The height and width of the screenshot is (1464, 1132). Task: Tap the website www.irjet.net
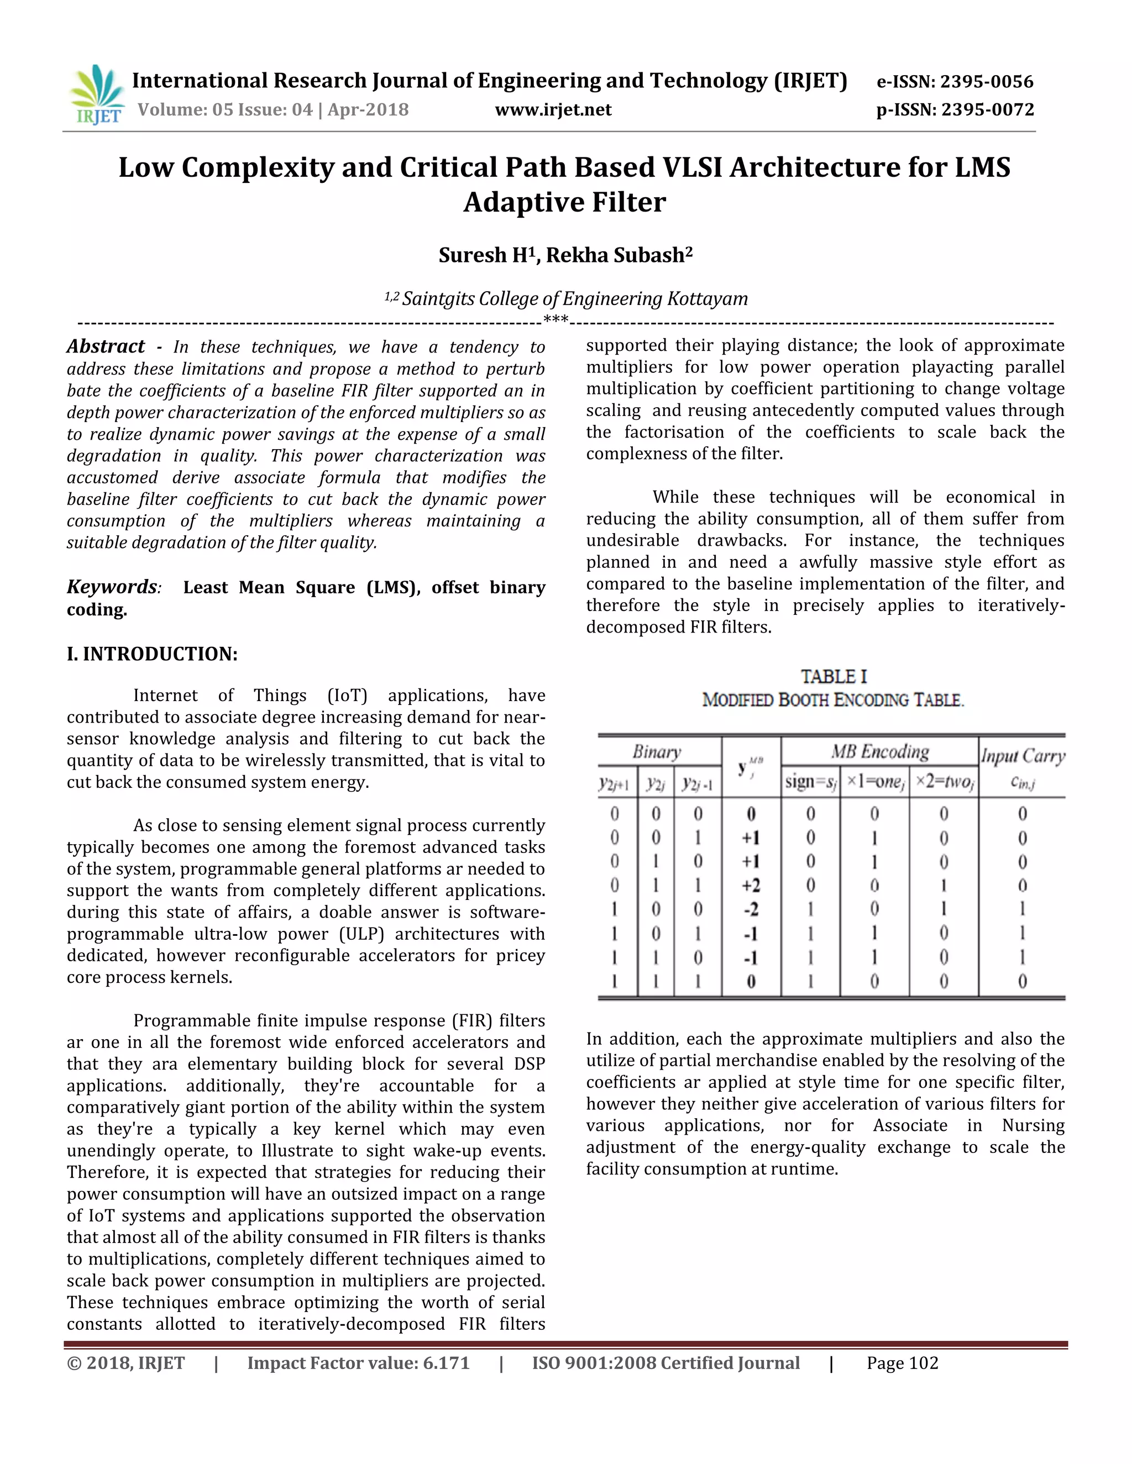coord(553,110)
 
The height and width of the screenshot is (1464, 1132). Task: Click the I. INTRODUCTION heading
coord(152,654)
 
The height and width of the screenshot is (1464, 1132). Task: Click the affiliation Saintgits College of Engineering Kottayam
coord(574,299)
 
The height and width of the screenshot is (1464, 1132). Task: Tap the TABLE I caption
coord(833,677)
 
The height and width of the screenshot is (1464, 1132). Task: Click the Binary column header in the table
coord(657,752)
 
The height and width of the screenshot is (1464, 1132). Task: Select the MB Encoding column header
coord(879,751)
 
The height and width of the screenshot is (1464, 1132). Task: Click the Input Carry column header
coord(1022,756)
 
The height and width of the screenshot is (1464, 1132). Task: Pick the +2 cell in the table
coord(751,886)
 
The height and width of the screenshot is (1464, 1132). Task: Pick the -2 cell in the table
coord(751,910)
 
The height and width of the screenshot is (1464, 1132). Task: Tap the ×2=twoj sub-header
coord(944,782)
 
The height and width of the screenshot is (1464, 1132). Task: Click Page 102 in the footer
coord(902,1363)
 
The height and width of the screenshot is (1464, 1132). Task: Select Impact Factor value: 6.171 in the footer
coord(358,1363)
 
